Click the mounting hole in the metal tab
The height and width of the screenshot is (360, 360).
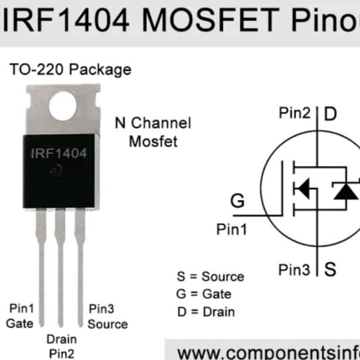click(x=62, y=106)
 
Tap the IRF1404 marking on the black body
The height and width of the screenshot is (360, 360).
click(x=59, y=153)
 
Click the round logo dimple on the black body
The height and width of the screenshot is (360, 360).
click(x=56, y=171)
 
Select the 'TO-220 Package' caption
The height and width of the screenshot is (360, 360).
click(x=70, y=70)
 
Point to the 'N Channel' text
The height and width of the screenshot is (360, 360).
click(x=153, y=123)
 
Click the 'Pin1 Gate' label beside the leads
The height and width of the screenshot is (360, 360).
click(x=20, y=316)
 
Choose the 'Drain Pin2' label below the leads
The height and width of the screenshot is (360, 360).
click(x=62, y=347)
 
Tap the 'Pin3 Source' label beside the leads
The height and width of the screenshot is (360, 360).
click(x=108, y=316)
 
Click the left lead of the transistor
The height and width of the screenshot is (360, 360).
click(x=41, y=267)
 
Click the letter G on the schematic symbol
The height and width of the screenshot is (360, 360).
click(x=237, y=201)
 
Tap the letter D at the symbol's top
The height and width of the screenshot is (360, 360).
click(x=330, y=114)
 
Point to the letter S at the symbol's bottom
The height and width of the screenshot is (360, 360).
click(x=330, y=269)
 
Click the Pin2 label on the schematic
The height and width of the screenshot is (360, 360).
click(x=294, y=113)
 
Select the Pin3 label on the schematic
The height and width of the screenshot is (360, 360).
click(x=294, y=270)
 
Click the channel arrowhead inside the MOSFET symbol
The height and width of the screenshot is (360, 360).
click(x=304, y=188)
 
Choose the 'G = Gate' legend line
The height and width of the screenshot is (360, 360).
click(x=204, y=294)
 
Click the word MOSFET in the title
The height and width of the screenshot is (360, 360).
click(x=211, y=19)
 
